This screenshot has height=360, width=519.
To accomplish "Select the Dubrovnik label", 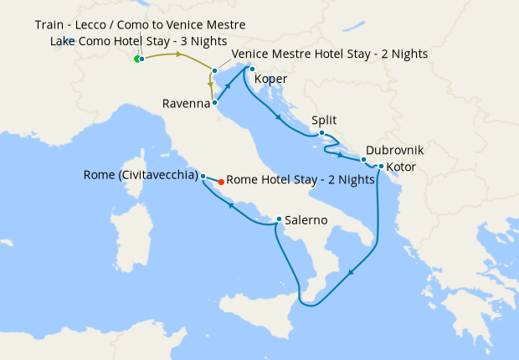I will (394, 151).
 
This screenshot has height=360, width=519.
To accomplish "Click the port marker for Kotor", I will (381, 166).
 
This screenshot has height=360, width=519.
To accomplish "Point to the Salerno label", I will (305, 221).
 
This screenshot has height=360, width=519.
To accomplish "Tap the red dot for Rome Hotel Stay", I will (221, 181).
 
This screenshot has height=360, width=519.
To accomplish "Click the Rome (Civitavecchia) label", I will (141, 176).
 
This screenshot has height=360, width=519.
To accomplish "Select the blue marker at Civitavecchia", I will (203, 176).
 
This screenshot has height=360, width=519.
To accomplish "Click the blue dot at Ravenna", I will (215, 104).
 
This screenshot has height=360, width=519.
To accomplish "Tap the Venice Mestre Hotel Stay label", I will (329, 54).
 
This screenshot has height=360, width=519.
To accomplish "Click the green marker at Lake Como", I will (137, 59).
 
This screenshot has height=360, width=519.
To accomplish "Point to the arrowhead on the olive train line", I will (177, 54).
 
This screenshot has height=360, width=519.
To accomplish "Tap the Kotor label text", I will (401, 167).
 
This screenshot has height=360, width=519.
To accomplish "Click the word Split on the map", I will (324, 121).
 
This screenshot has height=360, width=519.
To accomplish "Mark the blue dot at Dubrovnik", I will (363, 159).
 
